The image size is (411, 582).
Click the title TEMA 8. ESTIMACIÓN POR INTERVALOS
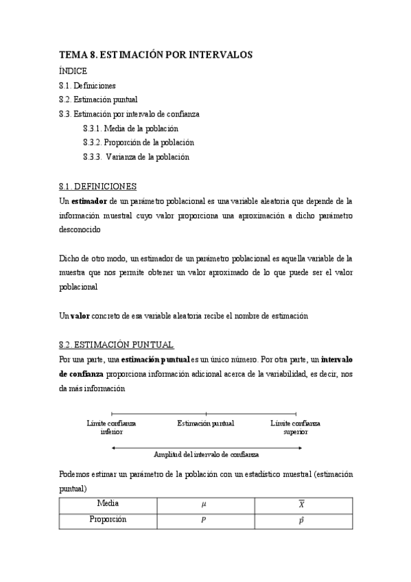tap(156, 54)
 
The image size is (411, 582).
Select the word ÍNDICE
tap(73, 71)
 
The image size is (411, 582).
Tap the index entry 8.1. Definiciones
tap(87, 85)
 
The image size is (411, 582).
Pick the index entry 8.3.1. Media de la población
tap(130, 128)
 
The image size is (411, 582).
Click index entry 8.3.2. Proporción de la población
tap(138, 143)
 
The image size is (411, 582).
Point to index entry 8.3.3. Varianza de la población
tap(136, 157)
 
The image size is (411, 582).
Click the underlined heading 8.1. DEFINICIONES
tap(98, 186)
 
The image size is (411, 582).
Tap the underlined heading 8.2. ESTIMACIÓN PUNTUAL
tap(117, 345)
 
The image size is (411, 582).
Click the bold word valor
tap(80, 316)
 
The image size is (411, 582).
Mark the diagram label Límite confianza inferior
tap(112, 428)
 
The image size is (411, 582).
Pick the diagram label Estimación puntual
tap(205, 423)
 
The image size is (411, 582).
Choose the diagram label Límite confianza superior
tap(296, 428)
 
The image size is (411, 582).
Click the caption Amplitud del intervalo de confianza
tap(206, 454)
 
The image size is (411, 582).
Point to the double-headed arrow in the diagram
tap(206, 447)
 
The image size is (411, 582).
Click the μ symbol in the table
tap(203, 504)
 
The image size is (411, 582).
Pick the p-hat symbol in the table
tap(301, 521)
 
